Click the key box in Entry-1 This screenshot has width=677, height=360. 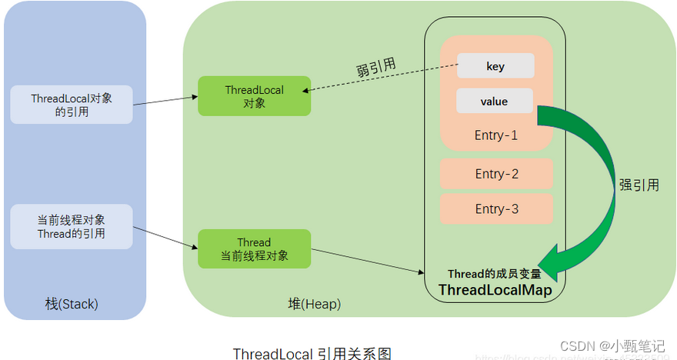(x=495, y=66)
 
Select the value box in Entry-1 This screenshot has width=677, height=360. (x=494, y=102)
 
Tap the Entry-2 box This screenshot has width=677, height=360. (x=496, y=174)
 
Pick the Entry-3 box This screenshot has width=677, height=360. (x=496, y=209)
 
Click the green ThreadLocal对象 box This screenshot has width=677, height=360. (x=254, y=96)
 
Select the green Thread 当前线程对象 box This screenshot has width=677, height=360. (x=254, y=249)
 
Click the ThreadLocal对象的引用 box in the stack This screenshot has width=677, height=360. (x=71, y=105)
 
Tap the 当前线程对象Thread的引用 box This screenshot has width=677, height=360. (x=71, y=226)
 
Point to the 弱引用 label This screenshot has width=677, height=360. (x=376, y=68)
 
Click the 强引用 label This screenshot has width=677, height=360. (x=639, y=185)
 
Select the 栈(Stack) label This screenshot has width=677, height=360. (x=72, y=305)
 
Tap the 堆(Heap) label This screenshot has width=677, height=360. (x=314, y=305)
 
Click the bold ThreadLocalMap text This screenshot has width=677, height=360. (x=495, y=289)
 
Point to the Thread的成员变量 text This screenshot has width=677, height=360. (x=495, y=274)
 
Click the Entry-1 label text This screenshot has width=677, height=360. (x=496, y=135)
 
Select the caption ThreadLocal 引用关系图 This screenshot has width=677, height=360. (x=312, y=353)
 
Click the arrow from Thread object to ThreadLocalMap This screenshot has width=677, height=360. (x=362, y=262)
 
